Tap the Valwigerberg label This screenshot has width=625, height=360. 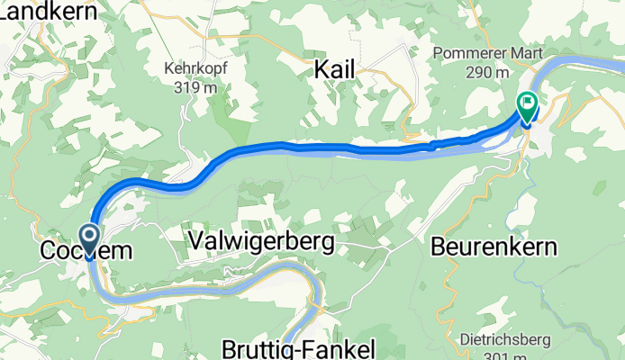click(262, 241)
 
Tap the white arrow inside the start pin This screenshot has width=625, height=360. click(91, 236)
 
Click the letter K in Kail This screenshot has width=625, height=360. click(322, 69)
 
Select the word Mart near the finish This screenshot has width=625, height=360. click(526, 54)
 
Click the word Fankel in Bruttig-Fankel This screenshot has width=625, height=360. click(339, 348)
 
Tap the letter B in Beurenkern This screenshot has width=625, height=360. click(439, 246)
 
